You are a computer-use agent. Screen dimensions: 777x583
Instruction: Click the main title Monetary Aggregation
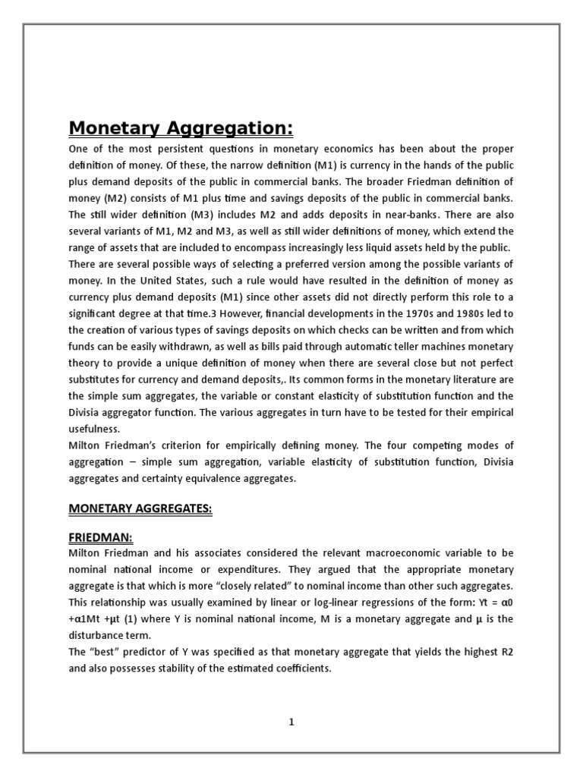[181, 127]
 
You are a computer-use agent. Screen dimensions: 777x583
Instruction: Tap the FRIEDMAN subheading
[101, 537]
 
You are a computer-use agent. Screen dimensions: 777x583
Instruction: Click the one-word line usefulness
[95, 429]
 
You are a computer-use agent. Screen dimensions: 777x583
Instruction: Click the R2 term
[506, 652]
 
